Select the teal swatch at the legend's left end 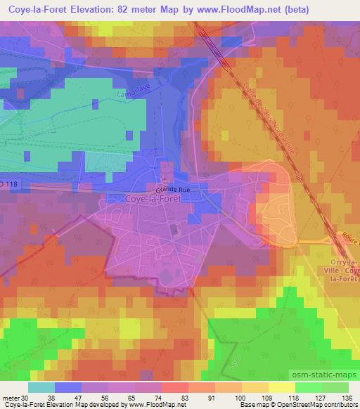pyautogui.click(x=41, y=387)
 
